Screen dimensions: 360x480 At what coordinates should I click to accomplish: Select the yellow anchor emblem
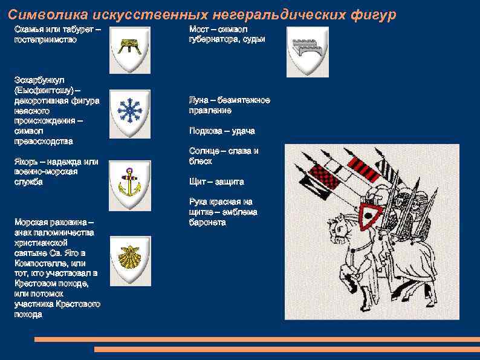point(129,181)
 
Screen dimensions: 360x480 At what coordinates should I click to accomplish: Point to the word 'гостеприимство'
point(45,39)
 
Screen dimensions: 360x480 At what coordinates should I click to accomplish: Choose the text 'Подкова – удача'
point(221,131)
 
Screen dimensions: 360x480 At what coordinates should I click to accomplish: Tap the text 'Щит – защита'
point(216,182)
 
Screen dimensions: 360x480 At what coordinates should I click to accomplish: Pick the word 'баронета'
point(207,222)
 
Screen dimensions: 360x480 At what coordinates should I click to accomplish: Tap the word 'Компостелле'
point(40,263)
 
